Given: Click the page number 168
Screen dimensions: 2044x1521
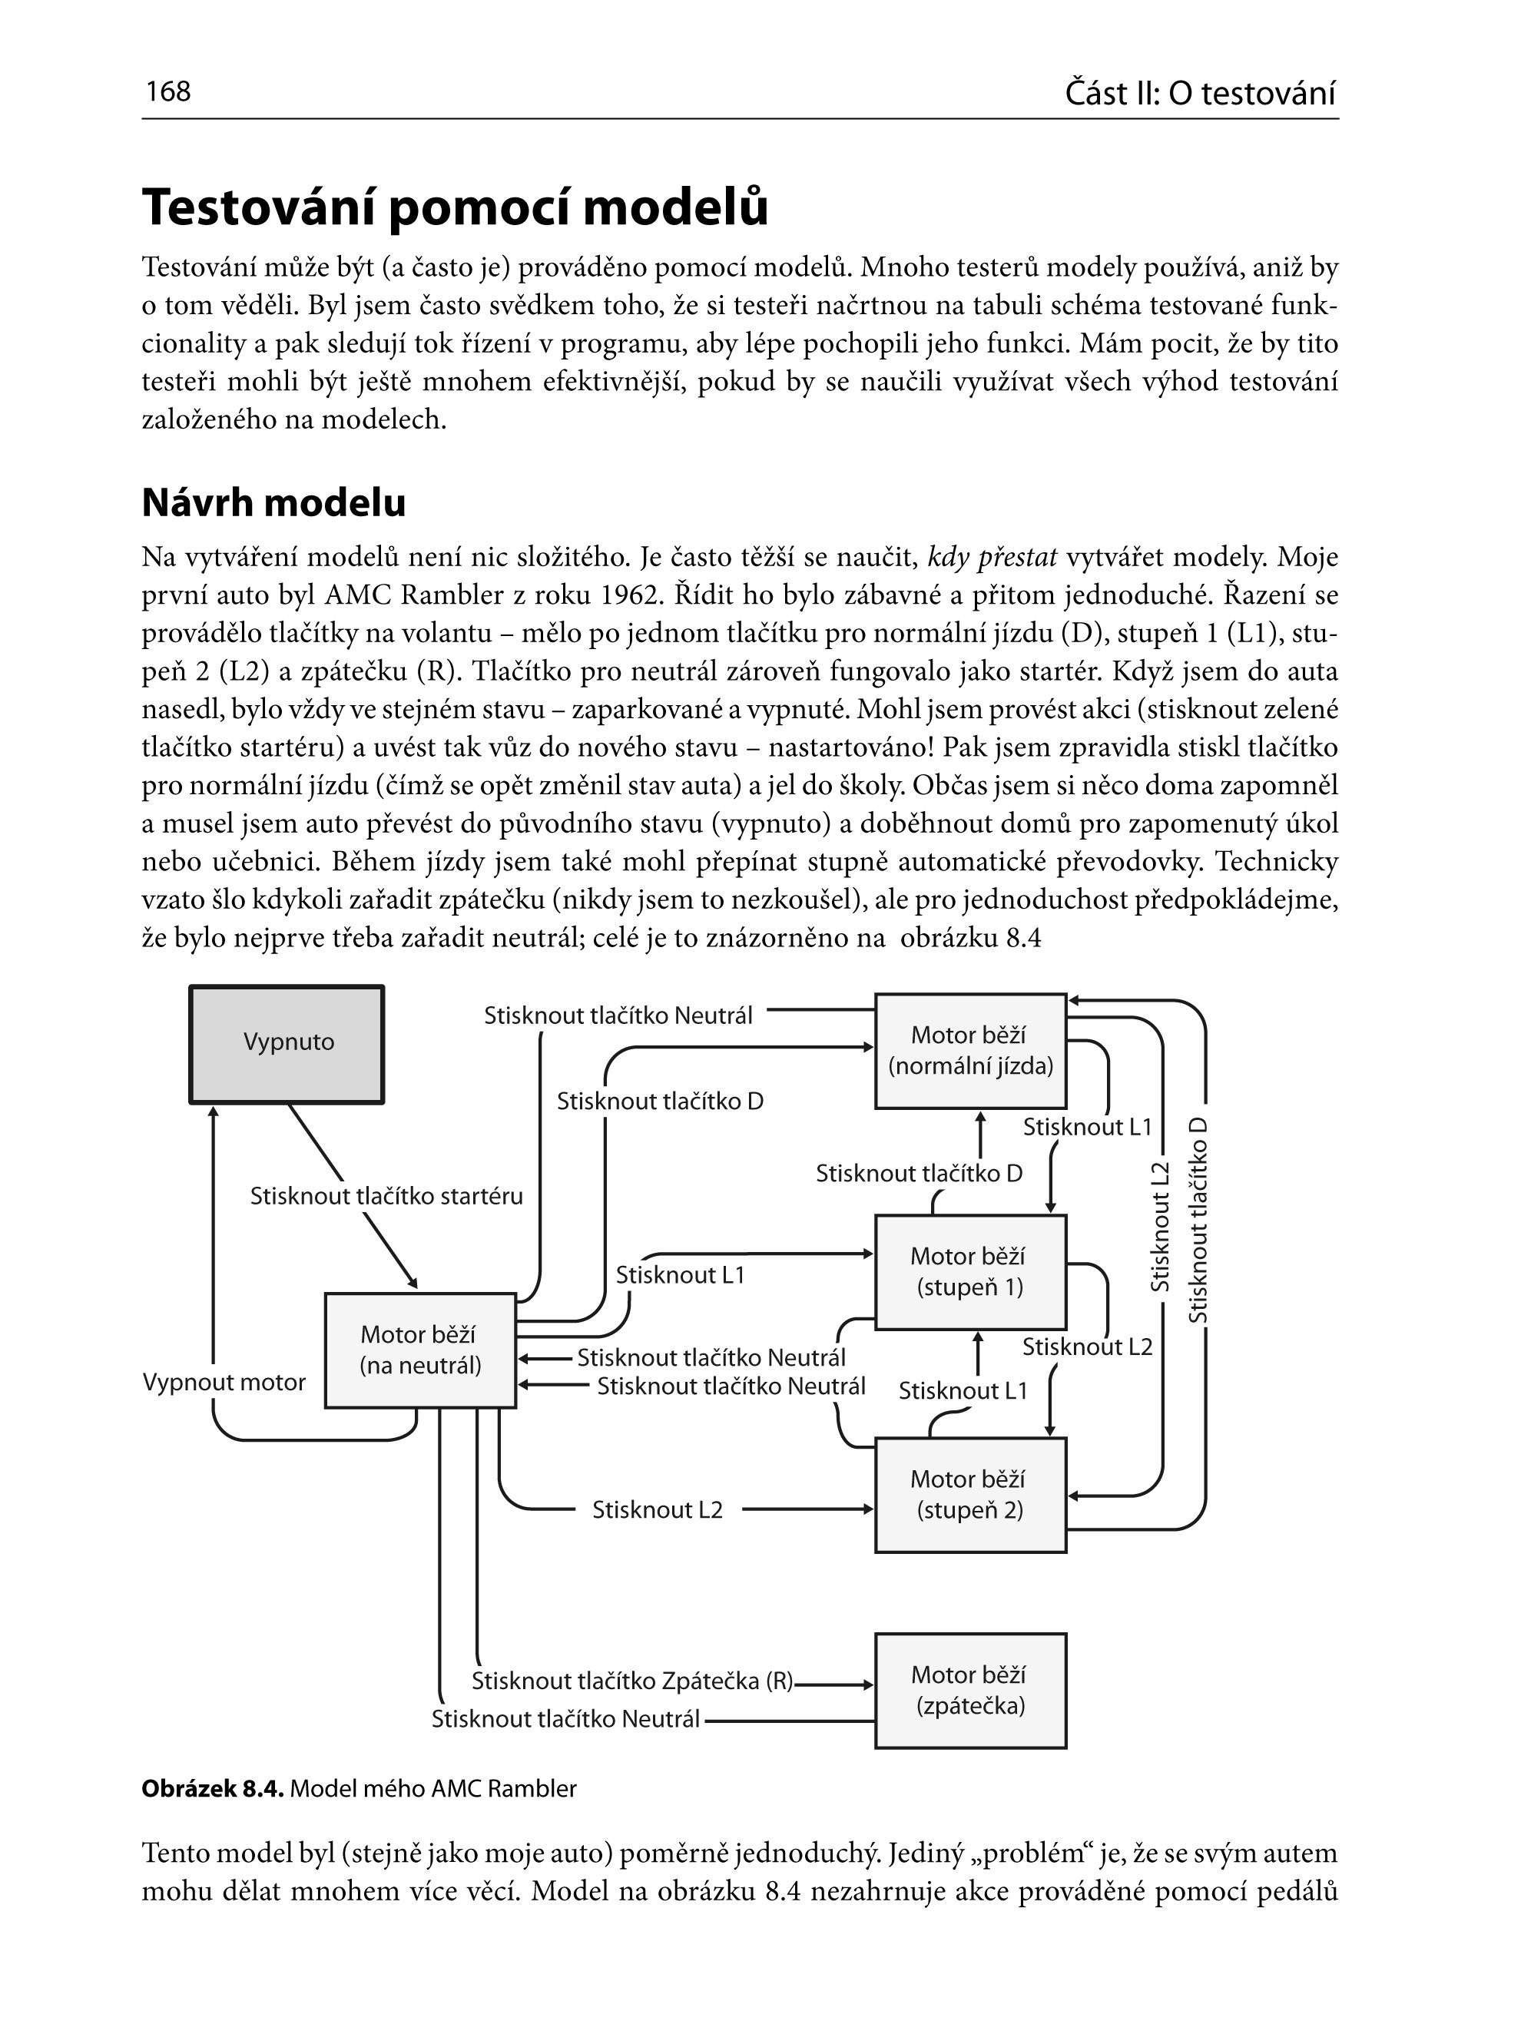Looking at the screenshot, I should pos(167,91).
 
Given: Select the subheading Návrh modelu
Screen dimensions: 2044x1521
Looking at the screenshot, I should pos(273,502).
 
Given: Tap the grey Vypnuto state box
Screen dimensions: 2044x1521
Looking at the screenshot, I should pos(287,1043).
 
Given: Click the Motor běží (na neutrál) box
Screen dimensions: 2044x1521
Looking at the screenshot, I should pos(421,1350).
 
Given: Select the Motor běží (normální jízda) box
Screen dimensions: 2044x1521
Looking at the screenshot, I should pos(970,1051).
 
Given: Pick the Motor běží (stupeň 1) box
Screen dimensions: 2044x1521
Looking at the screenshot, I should pos(970,1271).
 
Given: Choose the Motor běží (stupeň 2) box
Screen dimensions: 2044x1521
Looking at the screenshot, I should pos(970,1494).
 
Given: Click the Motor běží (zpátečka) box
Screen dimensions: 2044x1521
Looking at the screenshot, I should pos(970,1691).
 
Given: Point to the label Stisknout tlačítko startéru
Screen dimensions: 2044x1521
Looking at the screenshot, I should pos(386,1196).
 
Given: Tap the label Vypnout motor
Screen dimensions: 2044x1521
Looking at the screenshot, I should pos(224,1382).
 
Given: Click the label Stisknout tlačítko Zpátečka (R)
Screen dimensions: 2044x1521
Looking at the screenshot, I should pos(632,1681).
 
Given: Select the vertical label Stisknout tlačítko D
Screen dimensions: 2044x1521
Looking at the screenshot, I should pos(1197,1221).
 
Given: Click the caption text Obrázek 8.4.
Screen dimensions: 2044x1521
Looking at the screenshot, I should pos(213,1789).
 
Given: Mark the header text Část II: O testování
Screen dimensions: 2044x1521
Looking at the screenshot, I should pos(1200,93).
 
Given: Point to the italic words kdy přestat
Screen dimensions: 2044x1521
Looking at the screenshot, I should pos(992,557).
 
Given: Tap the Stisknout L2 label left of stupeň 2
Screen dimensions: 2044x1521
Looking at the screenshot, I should pos(658,1509).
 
